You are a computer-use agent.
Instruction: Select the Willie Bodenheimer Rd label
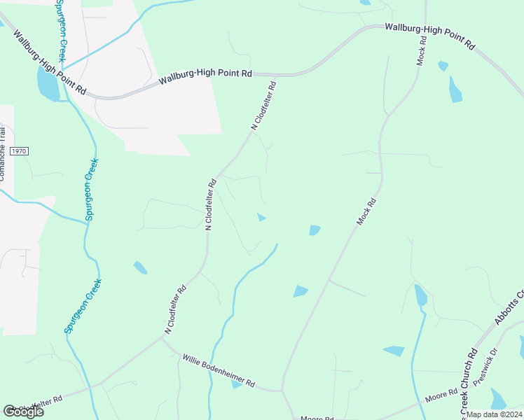[219, 372]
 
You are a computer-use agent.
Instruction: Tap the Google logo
[23, 412]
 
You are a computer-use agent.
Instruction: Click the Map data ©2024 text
[495, 414]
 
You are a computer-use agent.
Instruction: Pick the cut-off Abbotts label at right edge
[510, 308]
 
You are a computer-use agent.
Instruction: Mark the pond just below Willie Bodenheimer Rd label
[237, 384]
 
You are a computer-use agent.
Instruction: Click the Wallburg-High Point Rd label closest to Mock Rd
[429, 36]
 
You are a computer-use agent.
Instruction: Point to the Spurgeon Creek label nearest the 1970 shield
[92, 190]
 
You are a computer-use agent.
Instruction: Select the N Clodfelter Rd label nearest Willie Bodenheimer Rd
[175, 309]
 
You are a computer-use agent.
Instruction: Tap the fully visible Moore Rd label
[441, 399]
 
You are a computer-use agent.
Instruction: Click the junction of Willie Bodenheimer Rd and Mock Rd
[282, 390]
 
